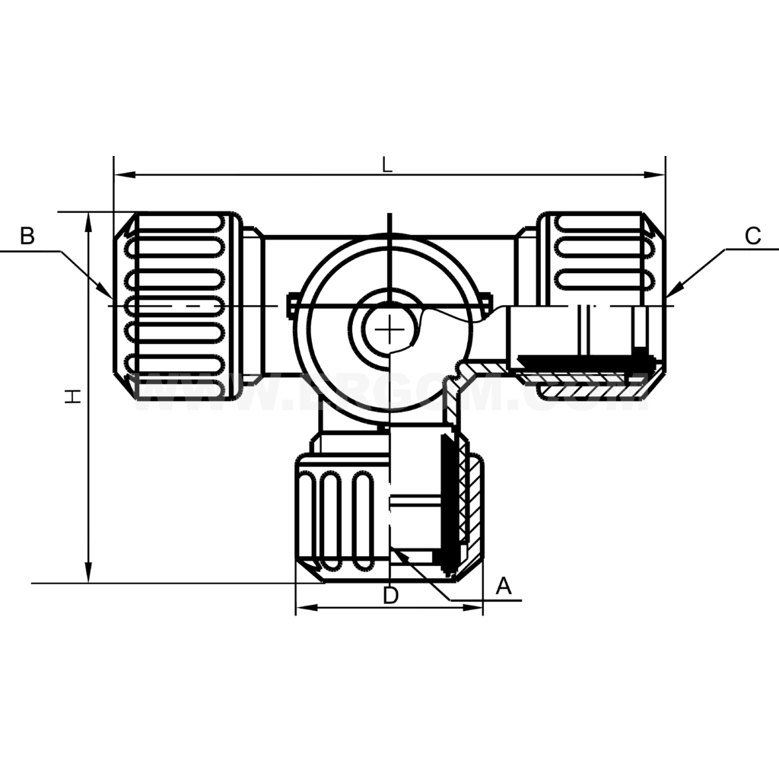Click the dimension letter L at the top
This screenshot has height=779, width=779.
click(387, 164)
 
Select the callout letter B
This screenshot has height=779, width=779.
click(27, 236)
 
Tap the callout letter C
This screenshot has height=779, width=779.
click(752, 236)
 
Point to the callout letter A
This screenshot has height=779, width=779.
click(504, 586)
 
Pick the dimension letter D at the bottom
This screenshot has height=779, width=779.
click(390, 596)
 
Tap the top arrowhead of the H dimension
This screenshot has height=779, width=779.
click(89, 221)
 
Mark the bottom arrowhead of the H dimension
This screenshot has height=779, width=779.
click(89, 574)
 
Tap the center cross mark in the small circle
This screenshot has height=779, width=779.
click(389, 329)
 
